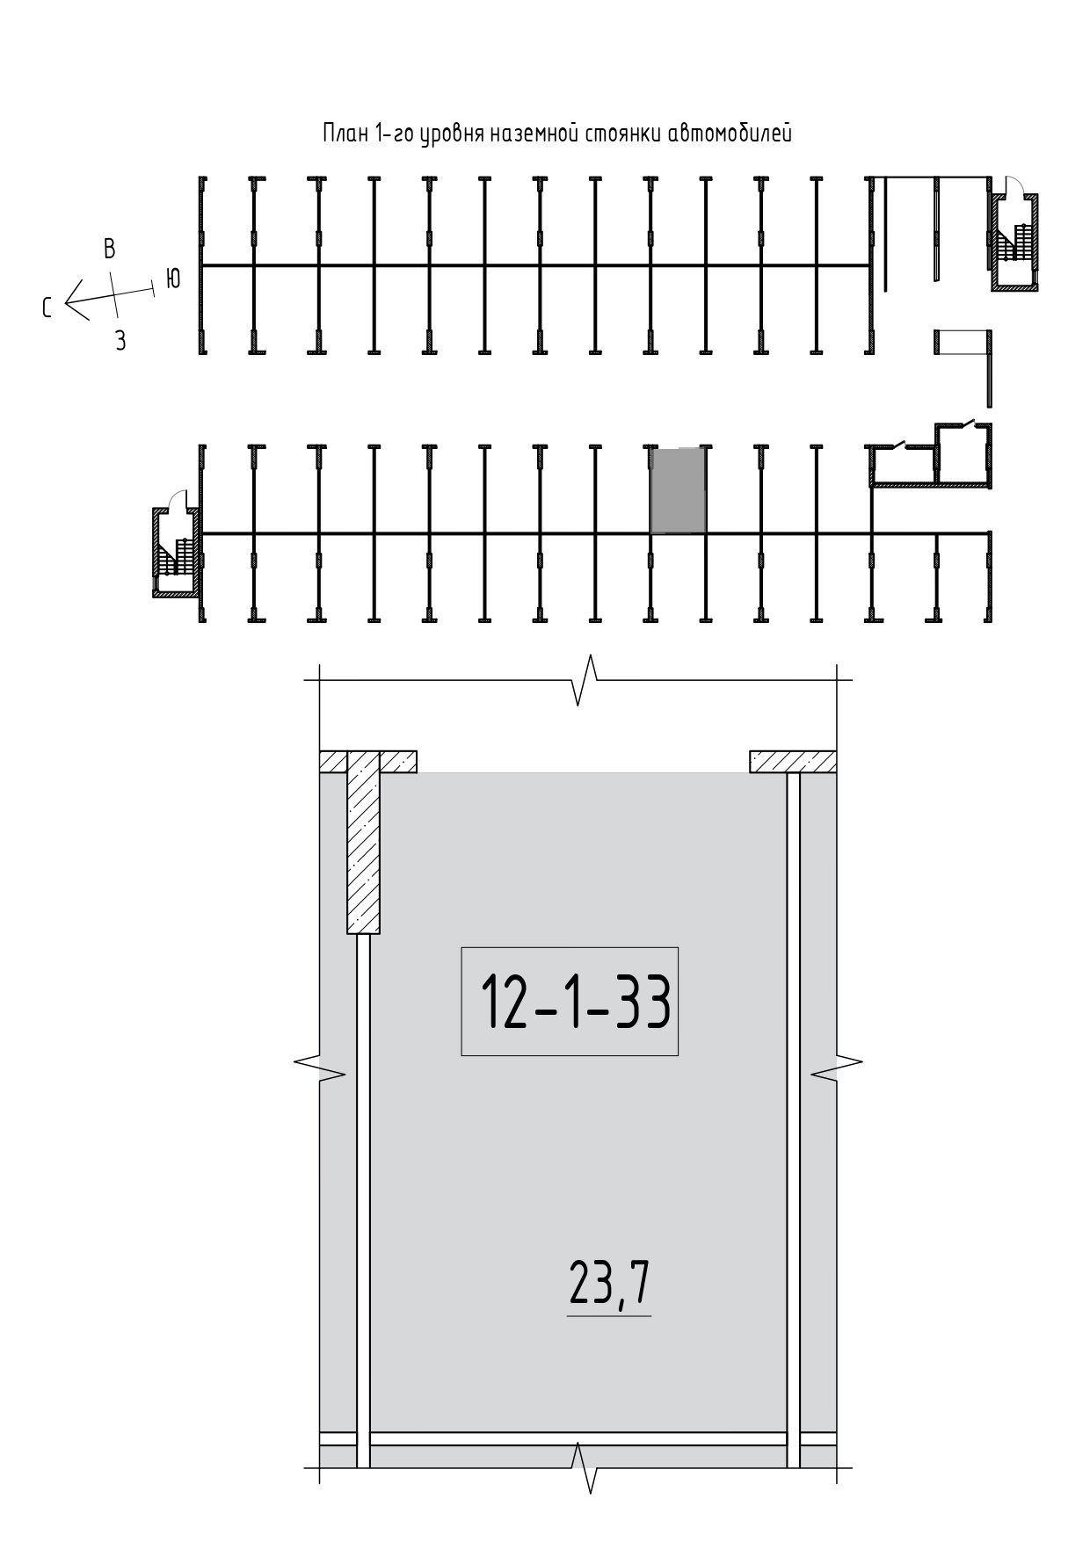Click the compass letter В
pyautogui.click(x=109, y=249)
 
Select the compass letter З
pyautogui.click(x=120, y=341)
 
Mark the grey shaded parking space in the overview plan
pyautogui.click(x=678, y=490)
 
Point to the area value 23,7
pyautogui.click(x=610, y=1285)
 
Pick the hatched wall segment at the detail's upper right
pyautogui.click(x=792, y=762)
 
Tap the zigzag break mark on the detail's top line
pyautogui.click(x=585, y=679)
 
